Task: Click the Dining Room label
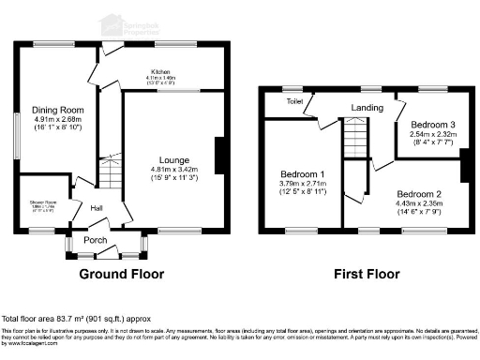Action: pos(52,109)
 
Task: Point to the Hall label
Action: pos(96,208)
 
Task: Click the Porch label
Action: pos(96,239)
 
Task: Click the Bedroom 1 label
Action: pos(303,174)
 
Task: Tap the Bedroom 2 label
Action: pos(418,194)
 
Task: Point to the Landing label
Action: pos(367,108)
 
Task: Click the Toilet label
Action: pos(293,100)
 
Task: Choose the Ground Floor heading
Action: pos(121,275)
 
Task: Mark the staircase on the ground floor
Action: pos(111,173)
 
